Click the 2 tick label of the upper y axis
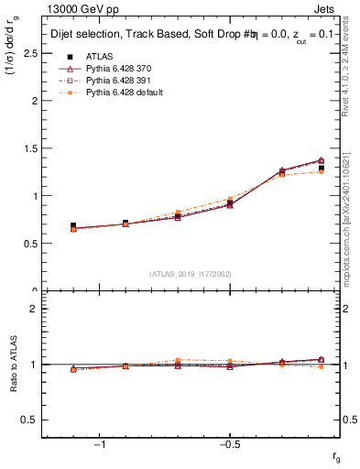coord(35,101)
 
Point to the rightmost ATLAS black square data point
coord(322,168)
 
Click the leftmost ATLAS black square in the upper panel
coord(73,225)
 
